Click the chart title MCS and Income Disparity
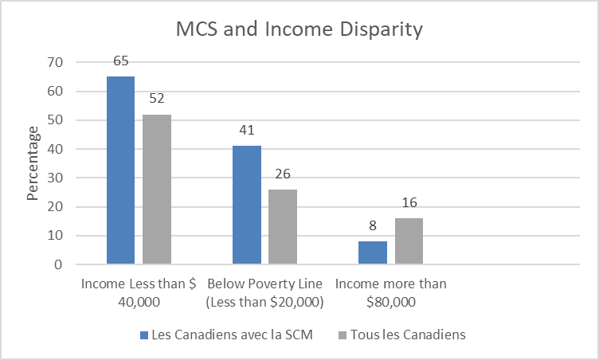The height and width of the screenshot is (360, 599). tap(299, 30)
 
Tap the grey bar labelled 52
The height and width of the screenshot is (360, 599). tap(157, 189)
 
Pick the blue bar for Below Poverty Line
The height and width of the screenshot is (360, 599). tap(246, 205)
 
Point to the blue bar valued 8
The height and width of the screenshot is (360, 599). tap(372, 252)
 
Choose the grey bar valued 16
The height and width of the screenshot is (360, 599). tap(409, 241)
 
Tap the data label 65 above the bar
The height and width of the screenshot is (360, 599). tap(120, 61)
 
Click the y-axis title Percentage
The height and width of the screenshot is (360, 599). tap(33, 163)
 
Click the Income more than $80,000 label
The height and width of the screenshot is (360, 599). tap(390, 292)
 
